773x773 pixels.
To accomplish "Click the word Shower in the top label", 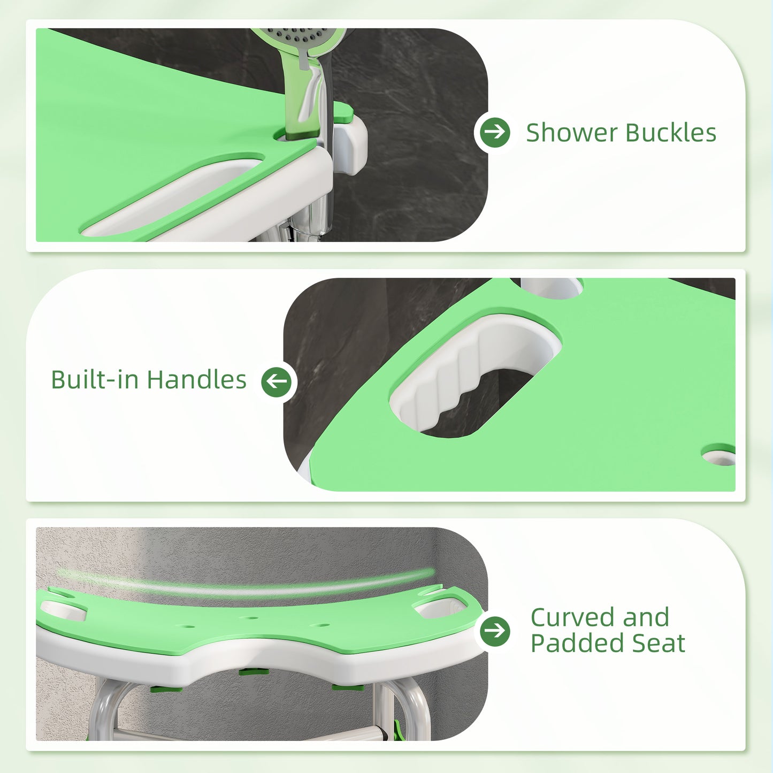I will (571, 133).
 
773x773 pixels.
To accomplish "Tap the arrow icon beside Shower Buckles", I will (495, 132).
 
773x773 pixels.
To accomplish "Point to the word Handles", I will (196, 380).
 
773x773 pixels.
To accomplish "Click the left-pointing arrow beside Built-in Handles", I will (277, 381).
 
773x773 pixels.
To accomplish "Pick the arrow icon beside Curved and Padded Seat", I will (495, 631).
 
